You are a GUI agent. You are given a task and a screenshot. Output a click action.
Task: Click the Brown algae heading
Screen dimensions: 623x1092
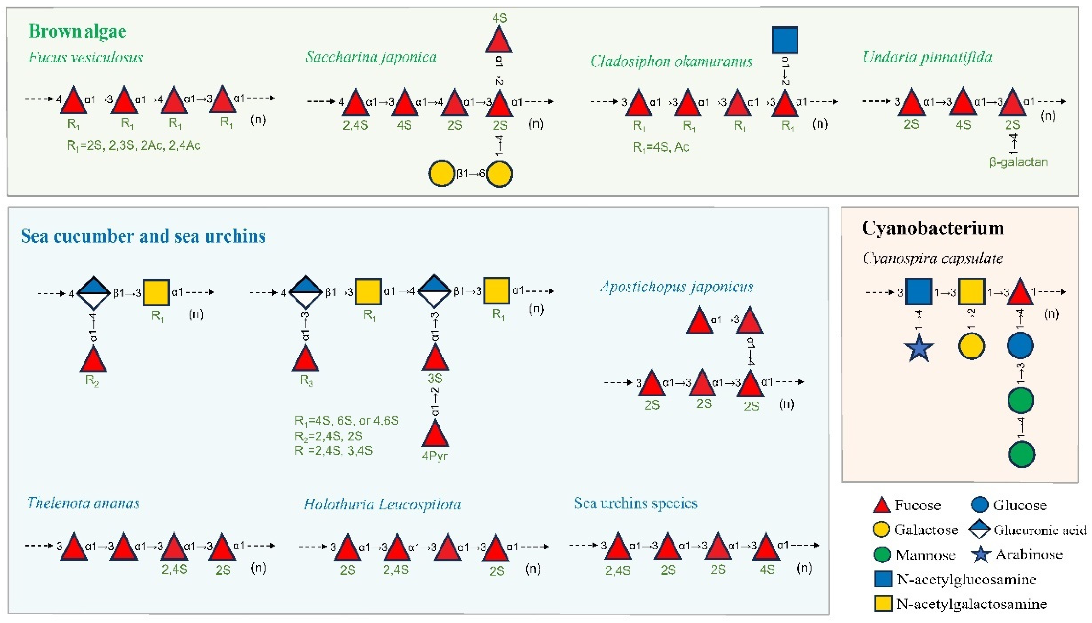77,31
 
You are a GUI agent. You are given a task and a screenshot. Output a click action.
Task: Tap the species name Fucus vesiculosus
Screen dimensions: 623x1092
85,57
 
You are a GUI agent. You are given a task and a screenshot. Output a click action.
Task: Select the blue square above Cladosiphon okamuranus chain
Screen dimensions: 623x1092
785,40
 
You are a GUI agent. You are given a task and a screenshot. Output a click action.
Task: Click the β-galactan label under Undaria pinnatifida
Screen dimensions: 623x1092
1019,162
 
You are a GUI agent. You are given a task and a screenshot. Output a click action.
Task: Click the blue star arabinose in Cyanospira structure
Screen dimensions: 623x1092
919,348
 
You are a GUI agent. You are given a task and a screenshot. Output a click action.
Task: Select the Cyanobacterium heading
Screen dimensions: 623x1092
932,228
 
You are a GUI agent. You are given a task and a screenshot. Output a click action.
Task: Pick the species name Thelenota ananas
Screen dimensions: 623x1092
84,503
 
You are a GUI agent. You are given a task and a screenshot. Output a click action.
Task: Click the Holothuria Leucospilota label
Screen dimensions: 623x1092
382,505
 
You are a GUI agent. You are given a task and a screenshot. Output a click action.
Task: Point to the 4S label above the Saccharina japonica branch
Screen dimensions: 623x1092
499,18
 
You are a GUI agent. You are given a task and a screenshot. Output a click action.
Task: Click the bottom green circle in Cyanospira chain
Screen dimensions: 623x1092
1021,454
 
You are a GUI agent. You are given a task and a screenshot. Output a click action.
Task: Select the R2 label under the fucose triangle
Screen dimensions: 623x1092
92,380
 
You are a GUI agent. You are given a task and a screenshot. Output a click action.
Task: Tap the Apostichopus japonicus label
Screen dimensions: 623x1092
677,287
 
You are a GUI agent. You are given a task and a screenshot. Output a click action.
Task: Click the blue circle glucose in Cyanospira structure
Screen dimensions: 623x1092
1020,345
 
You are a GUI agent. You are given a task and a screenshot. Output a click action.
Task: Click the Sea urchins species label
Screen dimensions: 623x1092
635,503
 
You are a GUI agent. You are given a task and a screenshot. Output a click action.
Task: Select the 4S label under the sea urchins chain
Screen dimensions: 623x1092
767,570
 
